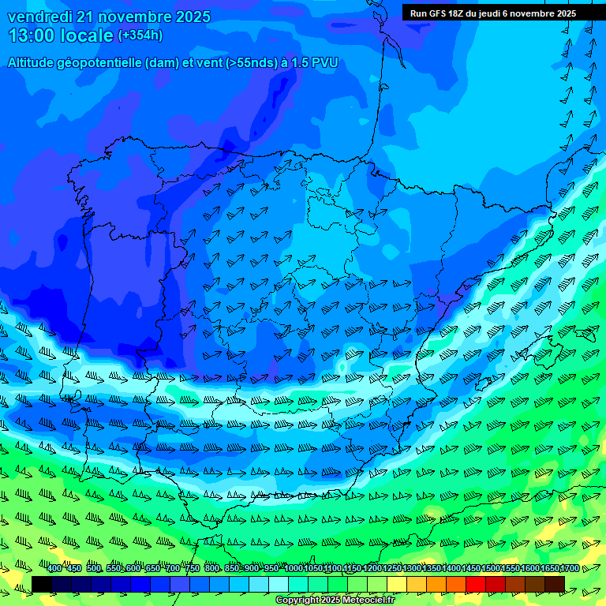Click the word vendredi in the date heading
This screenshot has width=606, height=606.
point(39,17)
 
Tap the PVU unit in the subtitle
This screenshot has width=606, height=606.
point(324,62)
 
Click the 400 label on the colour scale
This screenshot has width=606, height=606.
point(54,569)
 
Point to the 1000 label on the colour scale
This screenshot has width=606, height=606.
point(294,569)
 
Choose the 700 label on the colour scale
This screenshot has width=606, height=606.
point(172,569)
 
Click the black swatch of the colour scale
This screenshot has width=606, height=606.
point(42,584)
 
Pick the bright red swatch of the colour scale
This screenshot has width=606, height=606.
point(476,584)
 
